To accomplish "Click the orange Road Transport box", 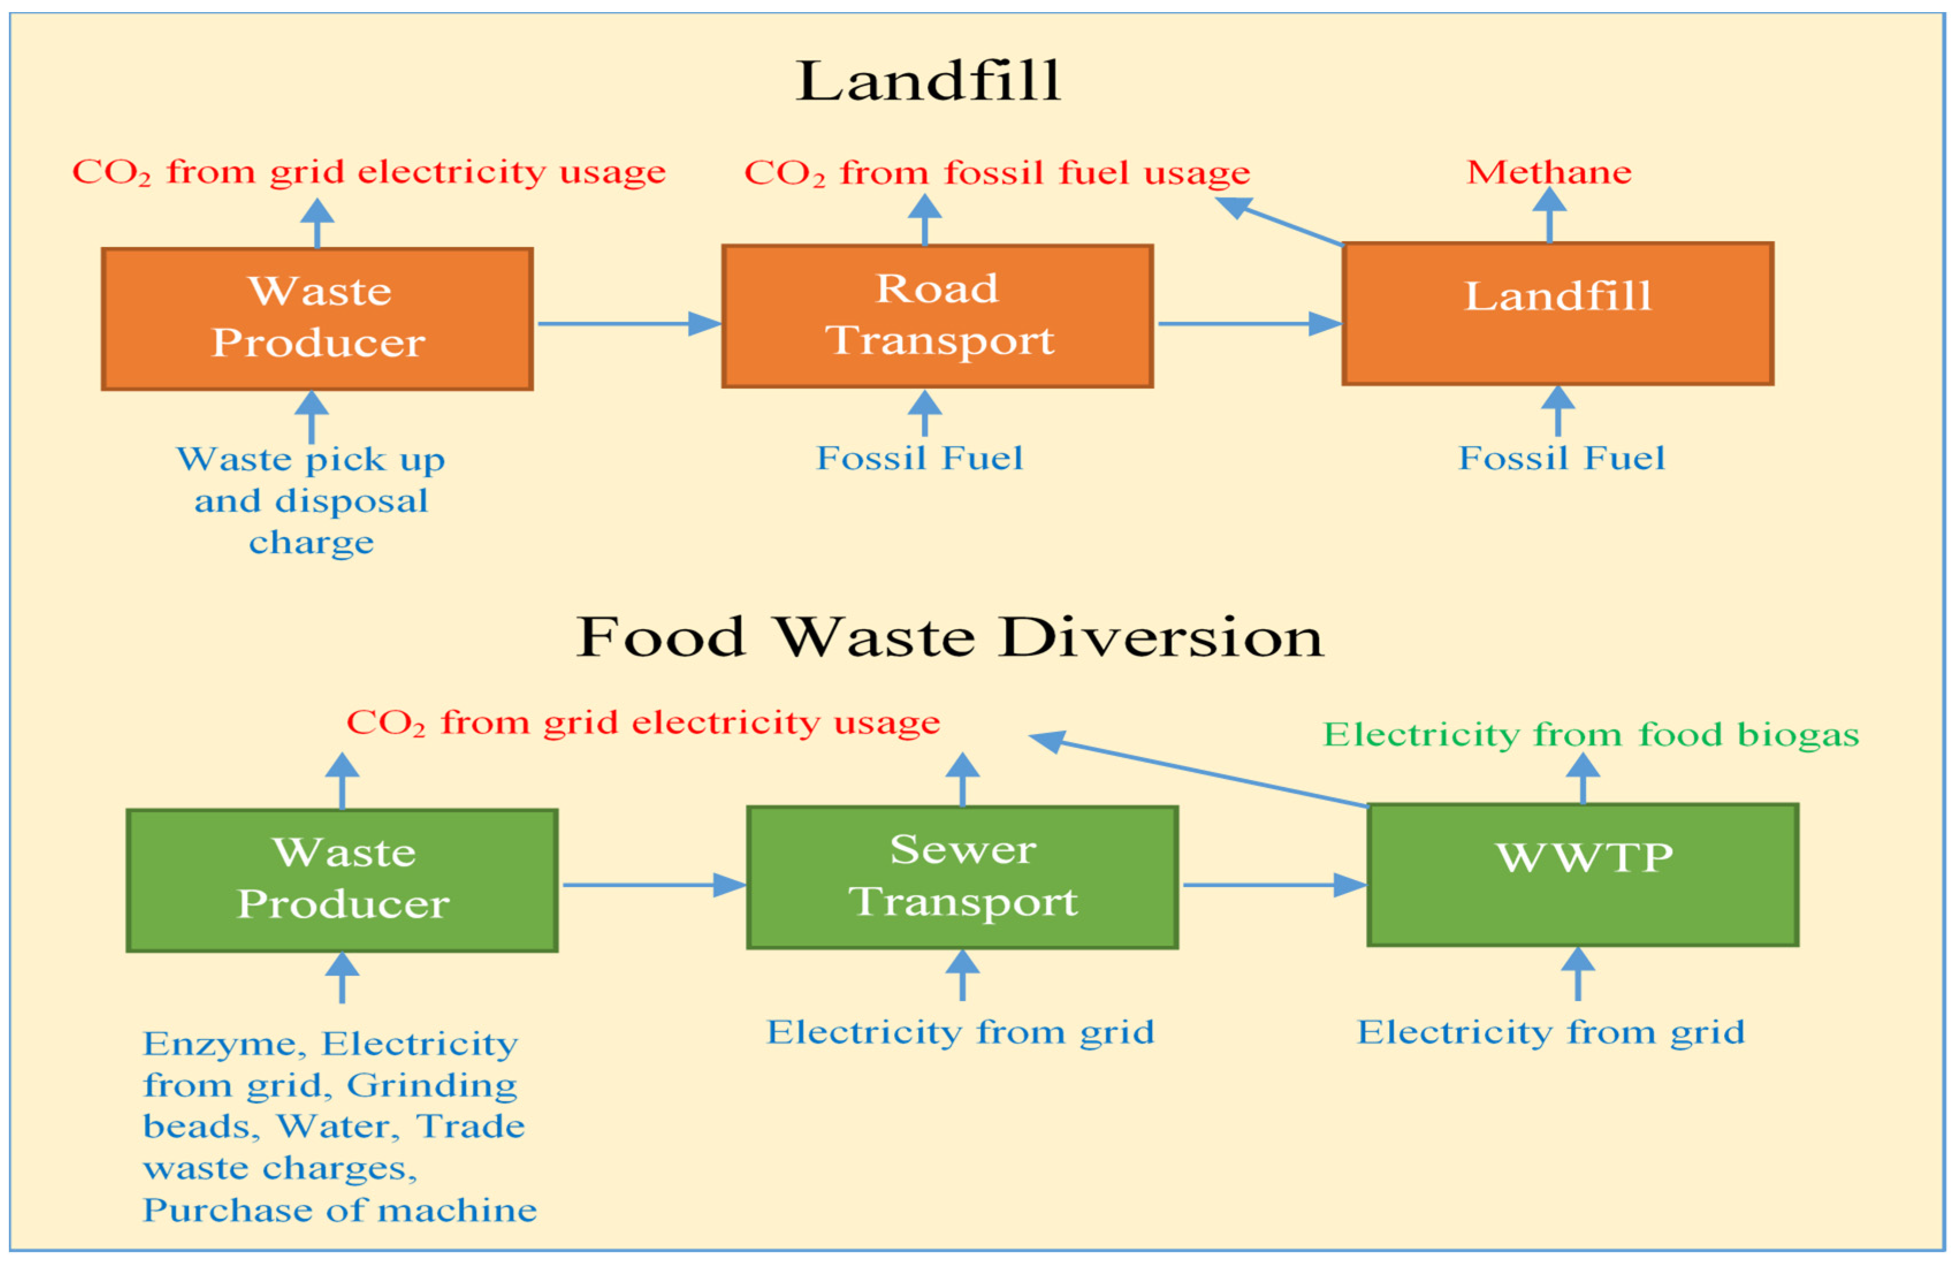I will pyautogui.click(x=937, y=315).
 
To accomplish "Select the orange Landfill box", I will pyautogui.click(x=1557, y=313).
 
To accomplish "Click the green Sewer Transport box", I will pyautogui.click(x=962, y=877).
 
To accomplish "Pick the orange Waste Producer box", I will pyautogui.click(x=317, y=319).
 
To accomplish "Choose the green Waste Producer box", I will pyautogui.click(x=342, y=881).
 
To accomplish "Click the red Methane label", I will pyautogui.click(x=1549, y=173).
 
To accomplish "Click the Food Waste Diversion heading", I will pyautogui.click(x=950, y=637).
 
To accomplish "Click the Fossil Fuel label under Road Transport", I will pyautogui.click(x=920, y=458).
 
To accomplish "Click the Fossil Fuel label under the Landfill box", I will pyautogui.click(x=1561, y=458).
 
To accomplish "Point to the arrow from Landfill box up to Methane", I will pyautogui.click(x=1549, y=215).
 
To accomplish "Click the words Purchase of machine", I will pyautogui.click(x=340, y=1210).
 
